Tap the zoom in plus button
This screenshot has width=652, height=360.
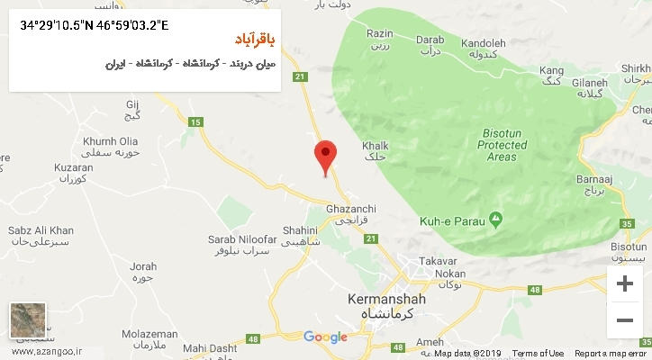coord(624,284)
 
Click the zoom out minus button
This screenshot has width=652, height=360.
coord(624,319)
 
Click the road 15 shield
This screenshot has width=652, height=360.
coord(194,122)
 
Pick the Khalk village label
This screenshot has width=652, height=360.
coord(374,150)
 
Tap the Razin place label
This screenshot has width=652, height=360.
coord(379,39)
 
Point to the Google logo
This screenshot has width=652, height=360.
coord(325,337)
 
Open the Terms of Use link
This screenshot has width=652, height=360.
coord(538,354)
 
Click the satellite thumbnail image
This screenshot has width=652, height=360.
coord(28,321)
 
